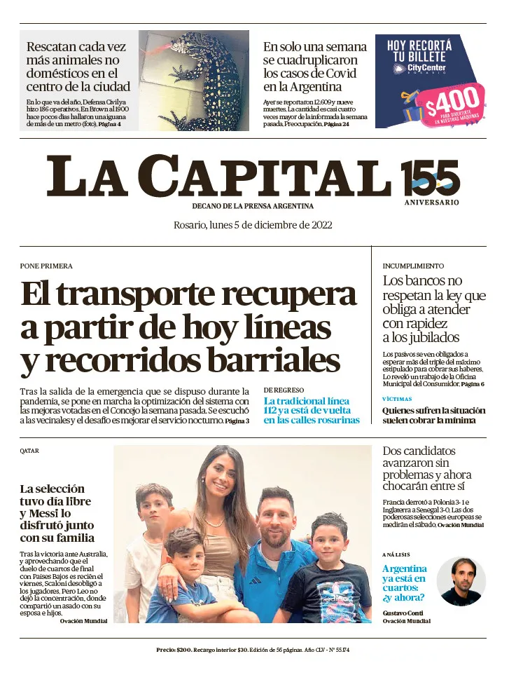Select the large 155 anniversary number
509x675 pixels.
click(431, 178)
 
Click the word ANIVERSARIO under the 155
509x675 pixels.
click(431, 203)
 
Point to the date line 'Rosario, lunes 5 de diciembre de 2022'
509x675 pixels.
click(253, 225)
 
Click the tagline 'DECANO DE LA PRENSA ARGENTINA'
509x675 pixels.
click(253, 206)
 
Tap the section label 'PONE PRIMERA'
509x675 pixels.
click(46, 266)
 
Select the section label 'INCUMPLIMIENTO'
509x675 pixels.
click(413, 266)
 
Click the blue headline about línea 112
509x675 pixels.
click(312, 411)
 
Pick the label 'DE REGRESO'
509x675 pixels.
click(284, 390)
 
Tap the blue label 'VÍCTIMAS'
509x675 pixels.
click(396, 398)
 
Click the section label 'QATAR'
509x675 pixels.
click(29, 451)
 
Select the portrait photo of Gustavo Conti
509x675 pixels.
click(461, 581)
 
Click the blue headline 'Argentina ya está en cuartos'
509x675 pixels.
click(405, 582)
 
